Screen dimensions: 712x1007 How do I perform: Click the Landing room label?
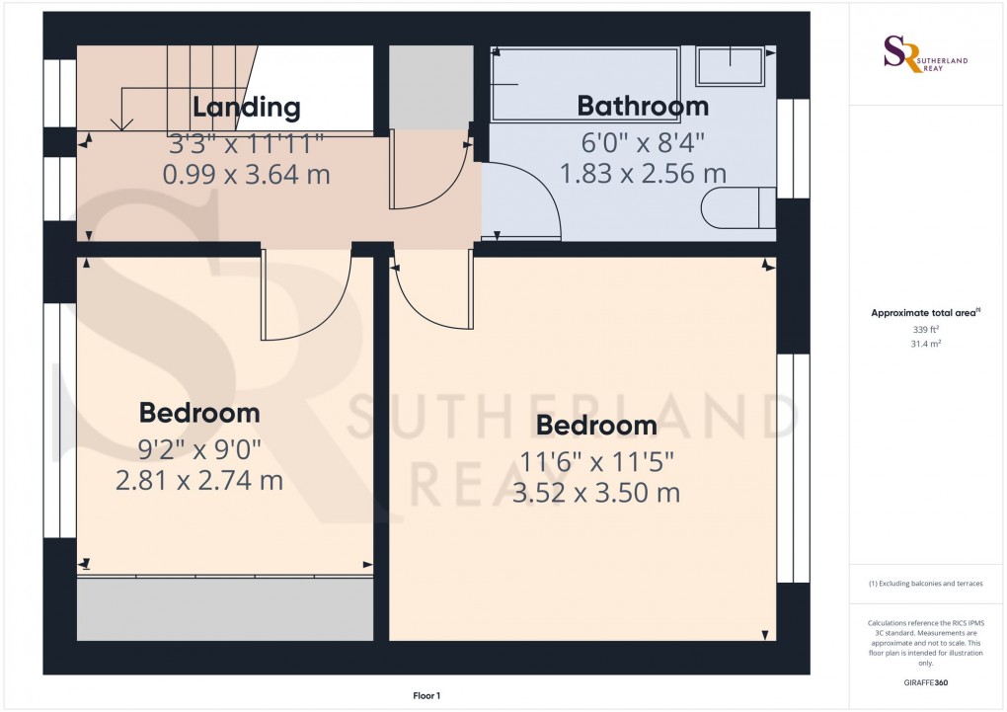point(246,107)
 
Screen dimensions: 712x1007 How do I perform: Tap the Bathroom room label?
point(643,106)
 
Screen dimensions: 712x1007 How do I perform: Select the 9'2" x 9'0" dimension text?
point(198,450)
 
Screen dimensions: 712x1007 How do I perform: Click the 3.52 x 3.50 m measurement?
point(596,493)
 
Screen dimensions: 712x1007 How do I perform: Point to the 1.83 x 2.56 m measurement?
point(643,174)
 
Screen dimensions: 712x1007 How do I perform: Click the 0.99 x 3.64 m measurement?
point(246,175)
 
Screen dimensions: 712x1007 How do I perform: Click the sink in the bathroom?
point(731,66)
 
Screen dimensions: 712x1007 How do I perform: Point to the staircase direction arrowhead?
point(122,124)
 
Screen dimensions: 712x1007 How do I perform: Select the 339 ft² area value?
point(925,329)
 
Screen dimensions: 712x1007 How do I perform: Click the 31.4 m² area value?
point(925,343)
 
